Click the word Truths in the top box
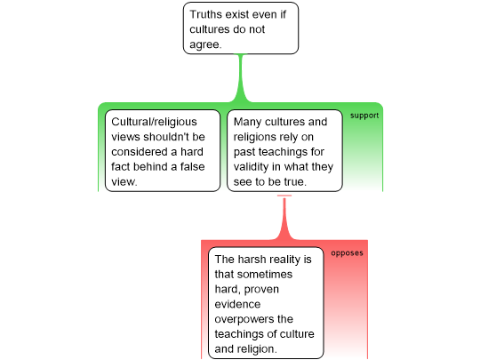pos(204,14)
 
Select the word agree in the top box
pos(204,44)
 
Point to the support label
pos(364,116)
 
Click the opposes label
pos(347,253)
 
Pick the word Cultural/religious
pos(154,122)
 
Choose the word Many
pos(247,122)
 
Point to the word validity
pos(251,167)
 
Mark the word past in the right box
pos(244,152)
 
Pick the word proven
pos(261,290)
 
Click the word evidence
pos(237,304)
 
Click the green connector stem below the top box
pos(241,78)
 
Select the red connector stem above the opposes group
pos(284,218)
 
